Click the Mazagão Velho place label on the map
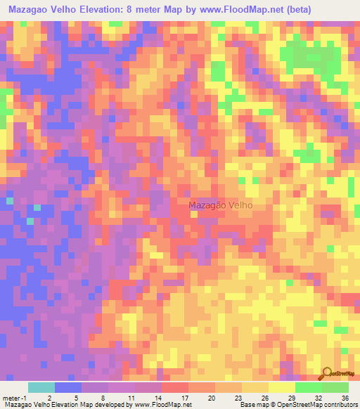click(220, 205)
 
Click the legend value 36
click(345, 398)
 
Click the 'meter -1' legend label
click(15, 398)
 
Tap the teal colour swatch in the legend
click(41, 387)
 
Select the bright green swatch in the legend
click(309, 387)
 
